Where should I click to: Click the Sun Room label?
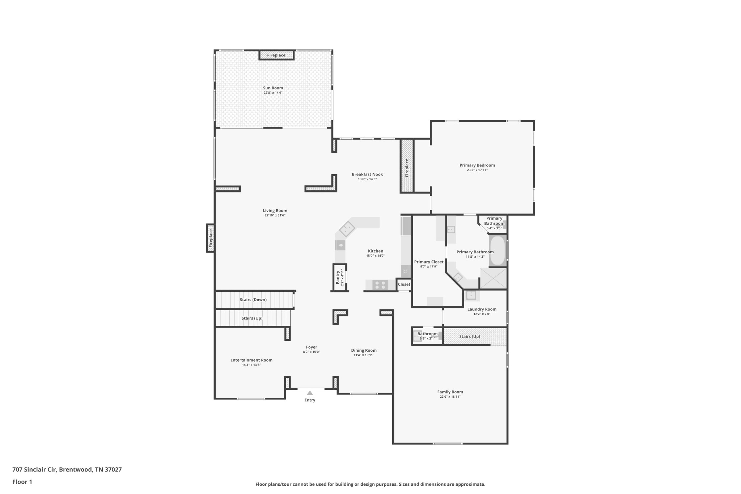coord(273,88)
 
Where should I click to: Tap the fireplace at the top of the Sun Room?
coord(276,55)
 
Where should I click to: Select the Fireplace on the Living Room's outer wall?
coord(210,238)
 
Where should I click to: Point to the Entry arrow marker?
coord(310,393)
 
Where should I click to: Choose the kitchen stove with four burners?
coord(380,285)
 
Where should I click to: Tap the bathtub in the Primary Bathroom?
coord(497,251)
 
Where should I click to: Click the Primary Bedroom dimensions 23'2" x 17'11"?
coord(477,170)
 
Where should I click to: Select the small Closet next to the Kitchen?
coord(404,284)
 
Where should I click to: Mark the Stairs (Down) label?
coord(253,300)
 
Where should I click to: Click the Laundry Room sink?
coord(471,295)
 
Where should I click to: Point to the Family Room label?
coord(450,392)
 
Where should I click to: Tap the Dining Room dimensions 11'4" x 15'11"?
coord(364,355)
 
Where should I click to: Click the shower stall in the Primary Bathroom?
coord(493,278)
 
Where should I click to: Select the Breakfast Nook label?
coord(367,174)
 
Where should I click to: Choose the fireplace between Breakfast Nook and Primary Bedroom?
coord(407,166)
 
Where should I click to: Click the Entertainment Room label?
coord(251,360)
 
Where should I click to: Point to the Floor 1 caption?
coord(22,482)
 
